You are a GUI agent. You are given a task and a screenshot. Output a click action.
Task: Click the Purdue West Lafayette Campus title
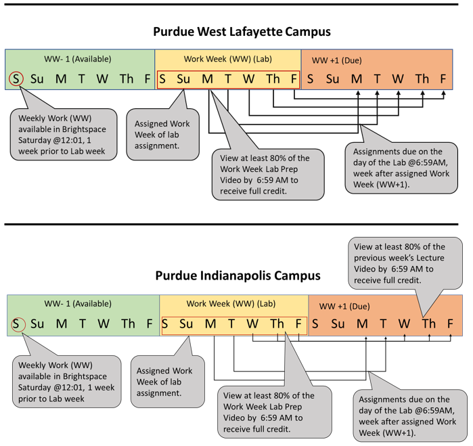236,32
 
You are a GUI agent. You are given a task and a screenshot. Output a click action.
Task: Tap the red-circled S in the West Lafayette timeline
16,79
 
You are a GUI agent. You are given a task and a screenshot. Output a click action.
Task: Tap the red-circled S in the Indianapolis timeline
16,324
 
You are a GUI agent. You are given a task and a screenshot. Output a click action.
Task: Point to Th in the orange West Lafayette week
422,79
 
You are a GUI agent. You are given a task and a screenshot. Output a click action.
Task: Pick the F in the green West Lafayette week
147,79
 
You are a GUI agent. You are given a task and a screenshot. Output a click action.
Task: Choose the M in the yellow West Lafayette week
206,79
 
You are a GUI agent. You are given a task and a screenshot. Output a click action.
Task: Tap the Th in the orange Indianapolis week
428,324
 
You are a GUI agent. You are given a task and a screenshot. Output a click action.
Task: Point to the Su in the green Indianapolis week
37,324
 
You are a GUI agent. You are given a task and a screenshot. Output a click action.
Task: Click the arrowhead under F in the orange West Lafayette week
443,93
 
